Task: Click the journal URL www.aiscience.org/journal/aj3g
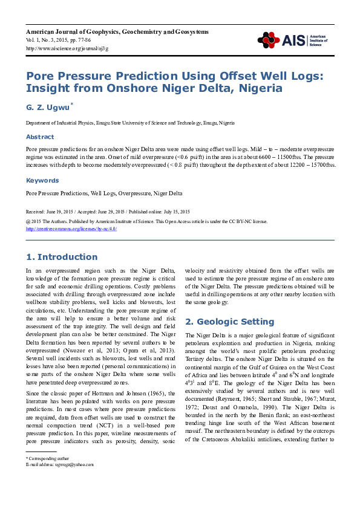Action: point(67,48)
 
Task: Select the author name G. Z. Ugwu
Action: point(47,108)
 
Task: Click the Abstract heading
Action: point(39,137)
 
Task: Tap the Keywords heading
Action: point(42,180)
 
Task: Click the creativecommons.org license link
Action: point(71,229)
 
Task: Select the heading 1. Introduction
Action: point(61,257)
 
